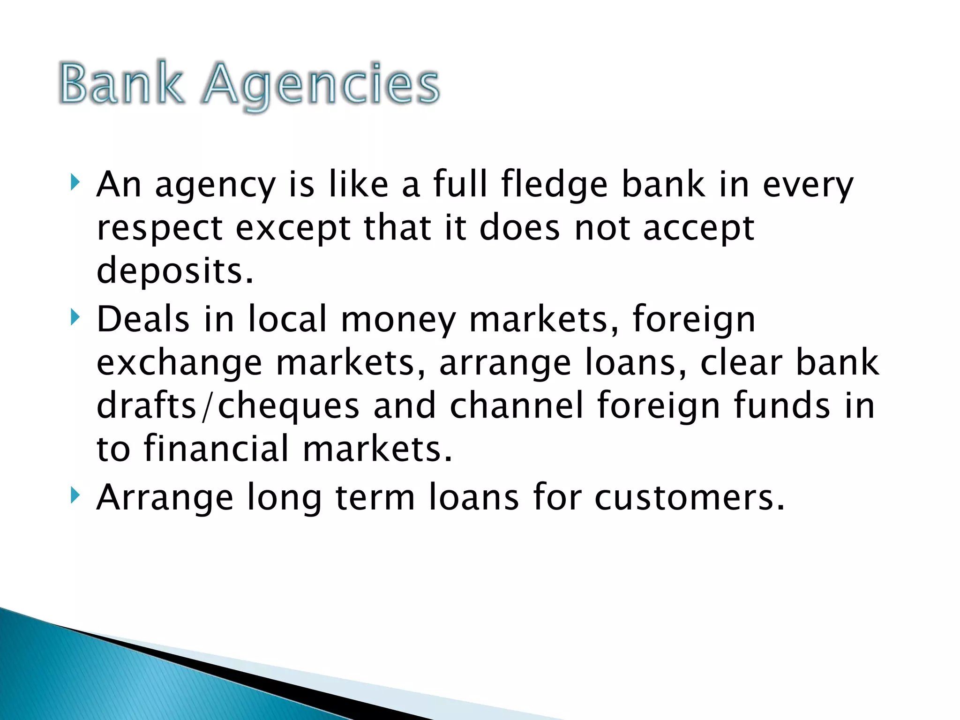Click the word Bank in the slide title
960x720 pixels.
[x=121, y=83]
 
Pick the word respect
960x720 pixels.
[x=159, y=228]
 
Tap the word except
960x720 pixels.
[x=293, y=228]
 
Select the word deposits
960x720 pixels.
[x=175, y=270]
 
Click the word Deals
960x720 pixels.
[x=143, y=319]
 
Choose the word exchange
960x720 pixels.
[x=179, y=363]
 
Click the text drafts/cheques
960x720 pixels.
[x=228, y=406]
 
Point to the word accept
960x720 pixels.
[x=698, y=228]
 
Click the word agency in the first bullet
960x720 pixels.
[x=215, y=185]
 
